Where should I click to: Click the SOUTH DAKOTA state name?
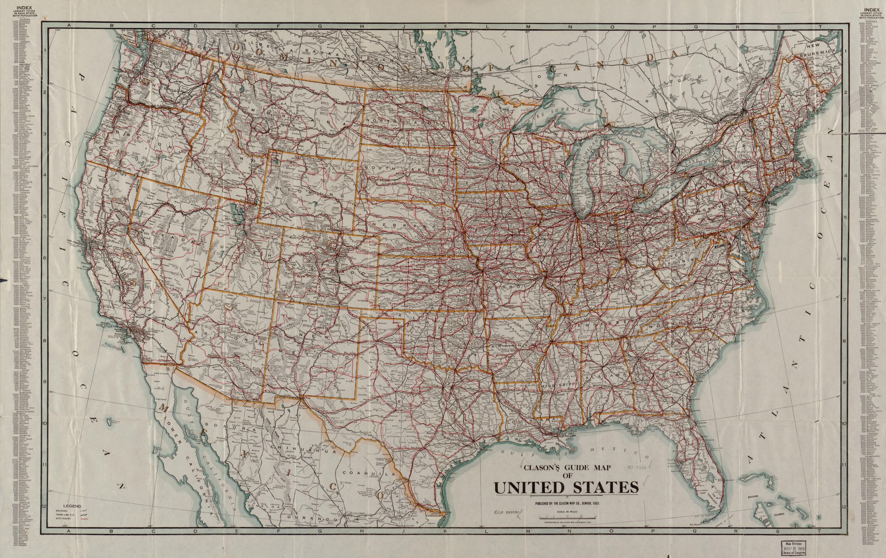tap(403, 169)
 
